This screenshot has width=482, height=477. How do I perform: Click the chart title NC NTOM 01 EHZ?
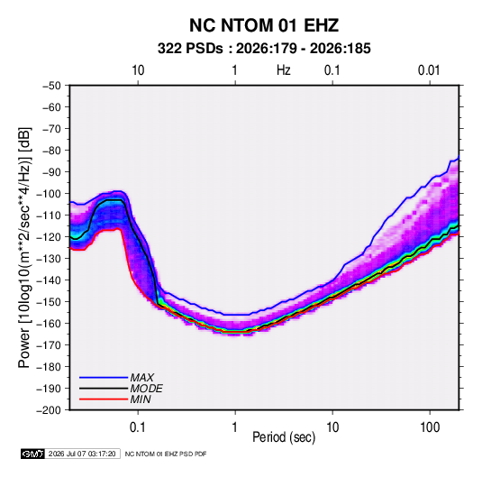pyautogui.click(x=264, y=25)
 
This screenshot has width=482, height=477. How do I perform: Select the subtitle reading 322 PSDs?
pyautogui.click(x=190, y=49)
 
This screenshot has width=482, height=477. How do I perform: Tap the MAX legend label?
pyautogui.click(x=141, y=378)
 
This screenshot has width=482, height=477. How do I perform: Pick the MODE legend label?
pyautogui.click(x=146, y=389)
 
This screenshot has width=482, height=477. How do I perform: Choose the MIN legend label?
pyautogui.click(x=141, y=399)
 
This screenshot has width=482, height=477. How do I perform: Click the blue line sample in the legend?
pyautogui.click(x=104, y=377)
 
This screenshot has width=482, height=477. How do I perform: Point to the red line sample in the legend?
pyautogui.click(x=104, y=399)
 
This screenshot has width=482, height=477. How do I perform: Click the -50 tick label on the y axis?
pyautogui.click(x=51, y=86)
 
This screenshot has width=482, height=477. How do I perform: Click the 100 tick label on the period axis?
pyautogui.click(x=430, y=427)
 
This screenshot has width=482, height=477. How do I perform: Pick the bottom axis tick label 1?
pyautogui.click(x=235, y=427)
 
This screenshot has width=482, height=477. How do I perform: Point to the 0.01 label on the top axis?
pyautogui.click(x=429, y=70)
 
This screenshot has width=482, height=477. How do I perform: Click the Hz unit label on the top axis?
pyautogui.click(x=284, y=70)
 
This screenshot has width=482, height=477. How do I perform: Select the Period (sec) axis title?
pyautogui.click(x=284, y=437)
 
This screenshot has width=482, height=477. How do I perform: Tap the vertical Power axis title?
pyautogui.click(x=24, y=247)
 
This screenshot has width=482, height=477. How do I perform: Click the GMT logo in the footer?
pyautogui.click(x=33, y=454)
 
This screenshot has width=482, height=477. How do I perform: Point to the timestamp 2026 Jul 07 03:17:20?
pyautogui.click(x=82, y=454)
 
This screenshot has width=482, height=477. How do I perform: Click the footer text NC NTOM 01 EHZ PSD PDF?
pyautogui.click(x=166, y=454)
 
